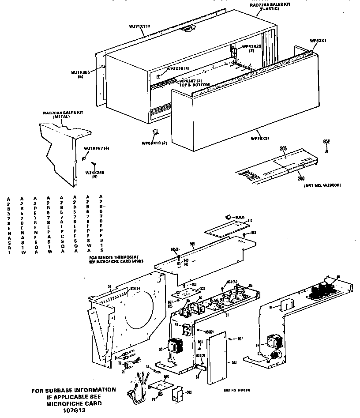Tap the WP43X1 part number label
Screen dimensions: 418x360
(318, 41)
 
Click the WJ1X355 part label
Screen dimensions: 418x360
(81, 72)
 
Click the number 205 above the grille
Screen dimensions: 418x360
(282, 149)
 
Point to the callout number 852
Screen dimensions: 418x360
(326, 141)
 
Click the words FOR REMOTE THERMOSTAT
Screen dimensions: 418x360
(112, 256)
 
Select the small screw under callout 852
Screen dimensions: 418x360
(326, 151)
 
